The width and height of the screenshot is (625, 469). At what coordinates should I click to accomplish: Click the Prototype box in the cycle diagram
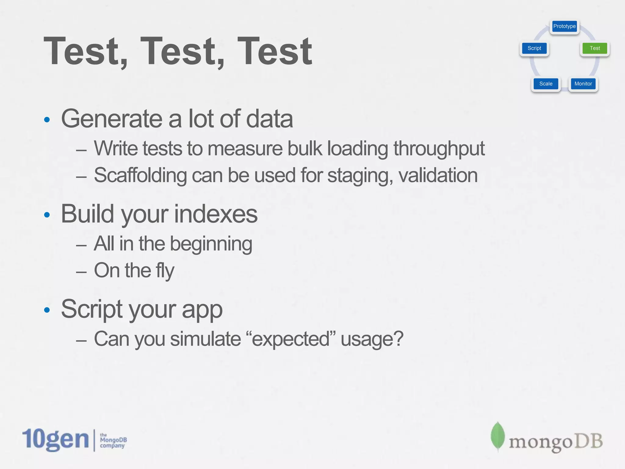click(x=564, y=26)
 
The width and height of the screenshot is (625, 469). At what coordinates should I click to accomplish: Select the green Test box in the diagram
click(x=594, y=48)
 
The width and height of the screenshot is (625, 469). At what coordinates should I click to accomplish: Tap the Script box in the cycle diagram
click(x=534, y=48)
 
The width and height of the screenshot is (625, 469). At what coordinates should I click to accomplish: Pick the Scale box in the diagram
click(x=546, y=84)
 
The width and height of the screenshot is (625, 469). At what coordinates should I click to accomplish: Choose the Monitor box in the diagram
click(x=583, y=84)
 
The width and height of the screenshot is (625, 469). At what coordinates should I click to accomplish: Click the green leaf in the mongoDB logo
click(x=497, y=436)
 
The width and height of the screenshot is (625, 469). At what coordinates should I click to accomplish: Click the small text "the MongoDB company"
click(x=113, y=440)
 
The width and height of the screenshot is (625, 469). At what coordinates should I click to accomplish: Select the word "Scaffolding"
click(x=140, y=176)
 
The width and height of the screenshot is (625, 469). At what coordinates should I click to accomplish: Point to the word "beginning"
click(x=211, y=244)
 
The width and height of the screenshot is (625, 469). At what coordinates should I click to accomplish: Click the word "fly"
click(x=165, y=271)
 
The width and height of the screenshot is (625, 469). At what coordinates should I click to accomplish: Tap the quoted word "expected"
click(x=290, y=339)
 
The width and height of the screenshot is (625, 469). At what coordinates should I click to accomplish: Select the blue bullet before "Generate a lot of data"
click(x=47, y=120)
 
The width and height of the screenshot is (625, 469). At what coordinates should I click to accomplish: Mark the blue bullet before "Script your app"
click(x=47, y=310)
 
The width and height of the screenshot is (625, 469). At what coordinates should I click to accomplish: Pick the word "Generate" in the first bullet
click(x=111, y=119)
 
